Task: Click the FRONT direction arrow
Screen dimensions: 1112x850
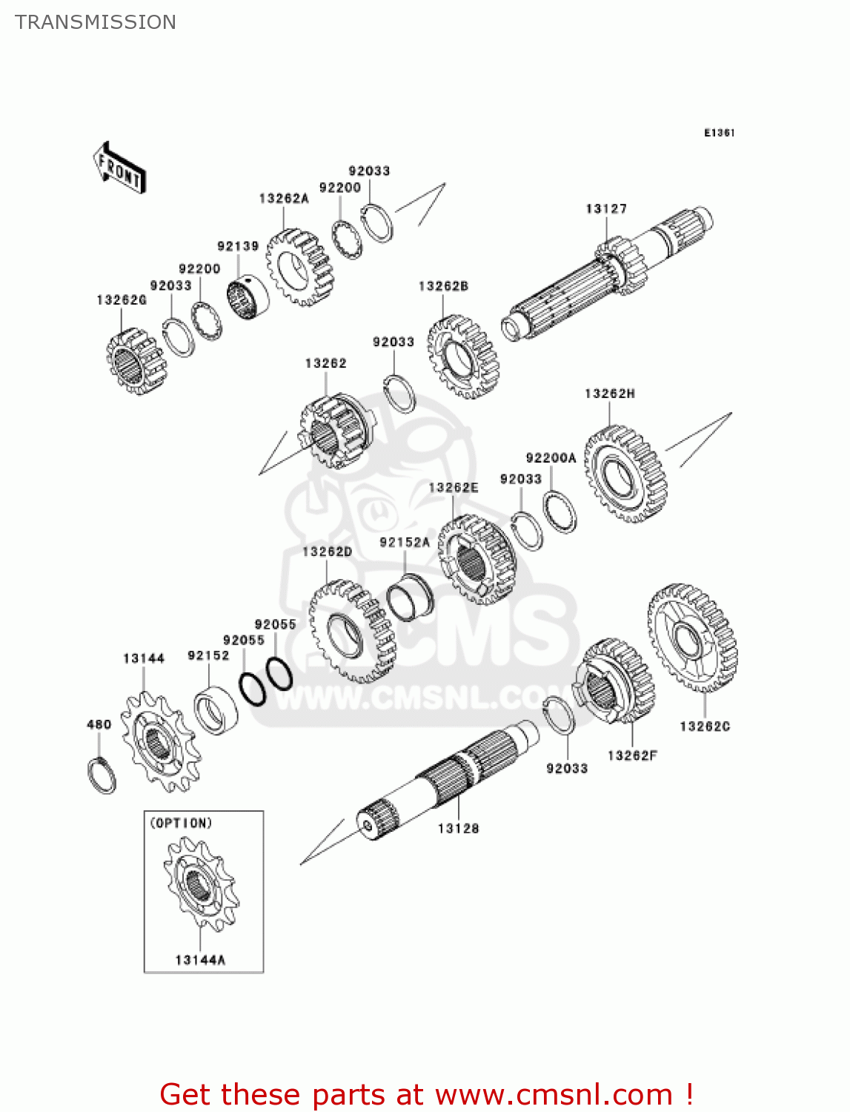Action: coord(119,168)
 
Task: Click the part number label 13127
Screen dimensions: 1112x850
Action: coord(606,209)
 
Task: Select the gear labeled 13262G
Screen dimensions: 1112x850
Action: coord(136,361)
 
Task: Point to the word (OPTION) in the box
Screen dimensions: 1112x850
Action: coord(182,823)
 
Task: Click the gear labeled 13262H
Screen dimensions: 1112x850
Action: coord(625,474)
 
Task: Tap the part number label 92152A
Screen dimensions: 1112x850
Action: coord(405,543)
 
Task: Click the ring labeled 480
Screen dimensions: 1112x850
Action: coord(102,775)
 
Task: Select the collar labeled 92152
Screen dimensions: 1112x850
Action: coord(216,710)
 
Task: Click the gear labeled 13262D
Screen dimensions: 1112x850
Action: coord(351,631)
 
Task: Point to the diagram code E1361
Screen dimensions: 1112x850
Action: coord(719,133)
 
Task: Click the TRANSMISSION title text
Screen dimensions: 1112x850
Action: coord(96,22)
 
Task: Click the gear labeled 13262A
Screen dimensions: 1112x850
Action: coord(300,268)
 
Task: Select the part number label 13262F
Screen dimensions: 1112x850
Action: coord(632,755)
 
